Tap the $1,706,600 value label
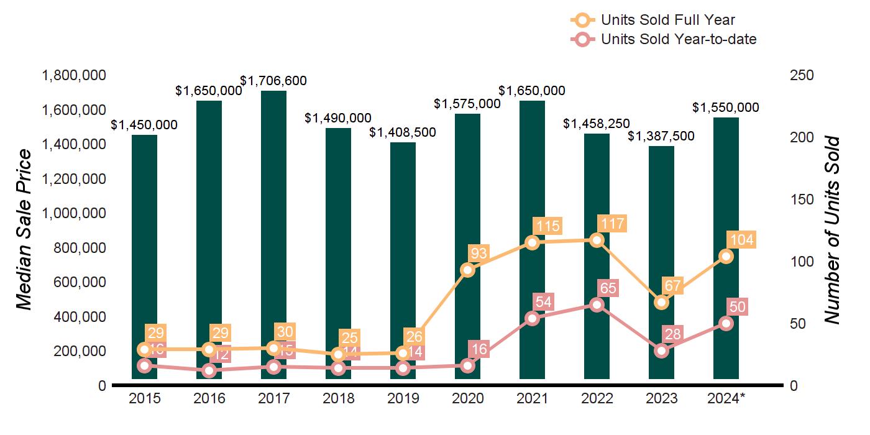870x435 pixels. tap(273, 81)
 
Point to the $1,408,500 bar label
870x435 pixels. tap(403, 132)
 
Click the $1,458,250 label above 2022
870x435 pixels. tap(597, 124)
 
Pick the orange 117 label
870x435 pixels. tap(611, 224)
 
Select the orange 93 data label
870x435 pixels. tap(480, 254)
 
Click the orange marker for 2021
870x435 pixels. tap(532, 242)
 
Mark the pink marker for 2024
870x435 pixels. tap(726, 323)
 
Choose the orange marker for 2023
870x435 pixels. tap(661, 303)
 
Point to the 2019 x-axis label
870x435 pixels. tap(403, 398)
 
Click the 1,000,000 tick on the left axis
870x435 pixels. tap(73, 213)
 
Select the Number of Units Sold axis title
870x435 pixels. tap(832, 230)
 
